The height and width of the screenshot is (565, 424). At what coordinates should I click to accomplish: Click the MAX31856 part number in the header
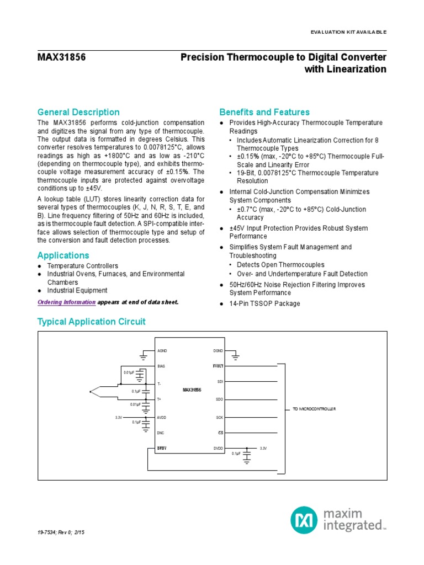pos(62,57)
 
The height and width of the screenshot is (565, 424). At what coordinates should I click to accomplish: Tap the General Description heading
pos(78,112)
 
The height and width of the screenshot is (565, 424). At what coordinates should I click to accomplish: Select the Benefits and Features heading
pos(264,112)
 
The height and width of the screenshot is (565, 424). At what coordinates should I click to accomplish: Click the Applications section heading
pos(63,255)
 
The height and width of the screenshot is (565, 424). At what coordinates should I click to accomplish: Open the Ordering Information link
pos(66,302)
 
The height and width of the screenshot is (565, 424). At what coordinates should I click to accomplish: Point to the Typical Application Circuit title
pos(91,321)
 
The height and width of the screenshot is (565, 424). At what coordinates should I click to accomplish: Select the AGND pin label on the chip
pos(162,351)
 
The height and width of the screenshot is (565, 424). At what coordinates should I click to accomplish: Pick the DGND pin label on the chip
pos(218,351)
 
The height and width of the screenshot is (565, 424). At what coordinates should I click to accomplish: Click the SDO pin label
pos(219,398)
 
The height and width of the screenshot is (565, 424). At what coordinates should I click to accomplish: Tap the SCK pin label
pos(219,418)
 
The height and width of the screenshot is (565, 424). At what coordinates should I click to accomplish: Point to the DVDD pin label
pos(218,449)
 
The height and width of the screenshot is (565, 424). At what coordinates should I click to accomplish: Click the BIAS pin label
pos(161,366)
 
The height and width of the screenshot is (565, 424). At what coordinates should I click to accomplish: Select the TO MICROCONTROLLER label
pos(313,408)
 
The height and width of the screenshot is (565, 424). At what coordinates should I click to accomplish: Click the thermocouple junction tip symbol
pos(91,392)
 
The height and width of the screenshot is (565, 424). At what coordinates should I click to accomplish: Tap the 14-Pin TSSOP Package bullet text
pos(264,303)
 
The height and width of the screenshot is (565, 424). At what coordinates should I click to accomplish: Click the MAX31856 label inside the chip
pos(192,390)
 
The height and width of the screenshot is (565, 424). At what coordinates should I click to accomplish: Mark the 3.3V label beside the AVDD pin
pos(119,418)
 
